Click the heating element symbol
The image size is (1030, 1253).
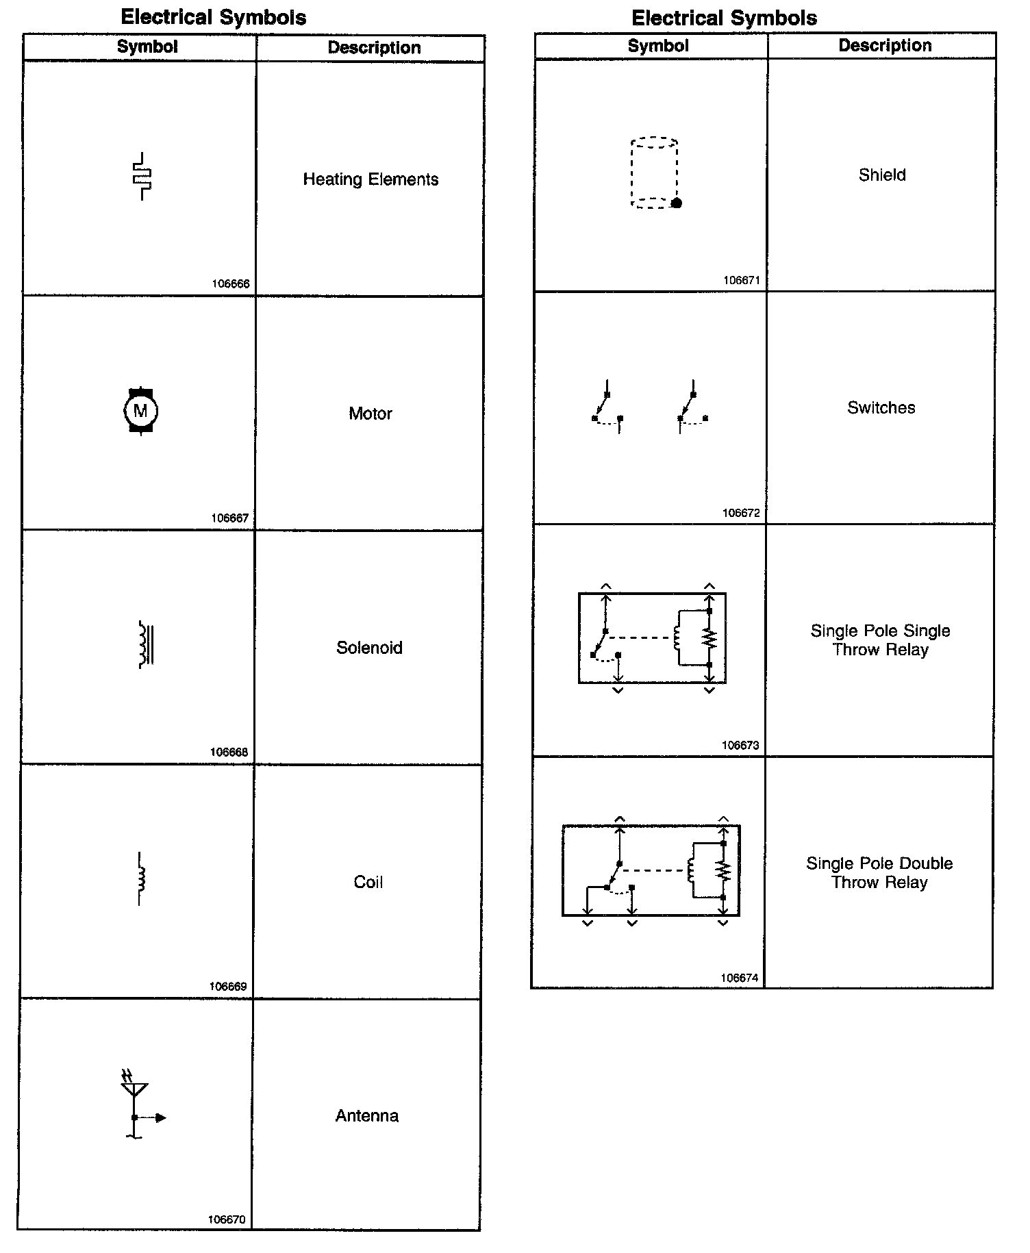pyautogui.click(x=142, y=177)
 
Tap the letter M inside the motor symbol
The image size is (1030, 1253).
pyautogui.click(x=140, y=411)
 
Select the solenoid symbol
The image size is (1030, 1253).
pyautogui.click(x=145, y=644)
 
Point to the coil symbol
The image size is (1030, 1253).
pyautogui.click(x=140, y=879)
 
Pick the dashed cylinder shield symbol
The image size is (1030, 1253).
pyautogui.click(x=655, y=173)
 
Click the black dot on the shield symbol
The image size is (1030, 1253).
pyautogui.click(x=677, y=203)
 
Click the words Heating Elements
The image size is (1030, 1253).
pyautogui.click(x=370, y=179)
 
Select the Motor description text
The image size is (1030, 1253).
pyautogui.click(x=370, y=414)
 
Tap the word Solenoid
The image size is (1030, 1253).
pyautogui.click(x=369, y=648)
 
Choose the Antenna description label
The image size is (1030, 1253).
pyautogui.click(x=367, y=1115)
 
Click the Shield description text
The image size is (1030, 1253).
pyautogui.click(x=882, y=175)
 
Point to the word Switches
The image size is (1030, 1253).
pyautogui.click(x=881, y=408)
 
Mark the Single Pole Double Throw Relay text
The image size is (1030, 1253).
pyautogui.click(x=879, y=873)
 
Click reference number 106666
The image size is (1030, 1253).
pyautogui.click(x=231, y=284)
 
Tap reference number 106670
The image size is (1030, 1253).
pyautogui.click(x=227, y=1219)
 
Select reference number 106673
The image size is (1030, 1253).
pyautogui.click(x=740, y=746)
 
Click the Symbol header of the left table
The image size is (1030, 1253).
pyautogui.click(x=147, y=47)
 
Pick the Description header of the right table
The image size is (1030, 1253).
pyautogui.click(x=885, y=46)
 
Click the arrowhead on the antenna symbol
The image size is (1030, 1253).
pyautogui.click(x=161, y=1118)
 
